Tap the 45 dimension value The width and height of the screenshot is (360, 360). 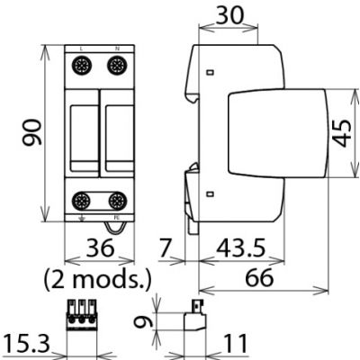(343, 133)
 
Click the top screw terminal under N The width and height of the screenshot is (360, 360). (116, 65)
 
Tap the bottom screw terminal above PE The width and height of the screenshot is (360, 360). (116, 201)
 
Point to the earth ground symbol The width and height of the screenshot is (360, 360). (82, 217)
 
